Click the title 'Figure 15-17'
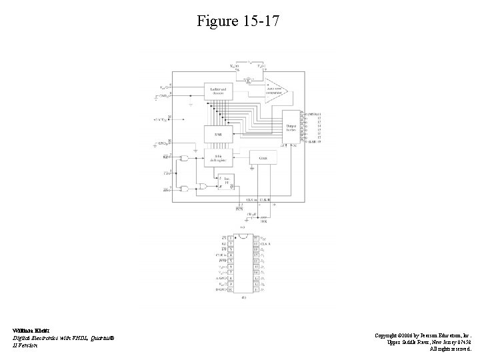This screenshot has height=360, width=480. click(x=239, y=21)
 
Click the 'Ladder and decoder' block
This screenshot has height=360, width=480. click(x=219, y=91)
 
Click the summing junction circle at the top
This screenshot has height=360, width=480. click(x=248, y=81)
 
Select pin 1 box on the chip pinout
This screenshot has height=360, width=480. click(x=231, y=237)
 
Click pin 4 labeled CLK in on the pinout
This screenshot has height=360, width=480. click(x=231, y=255)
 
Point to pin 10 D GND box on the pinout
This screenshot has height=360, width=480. click(x=231, y=290)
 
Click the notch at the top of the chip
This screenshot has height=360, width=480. click(x=243, y=235)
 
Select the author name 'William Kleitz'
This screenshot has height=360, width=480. click(x=27, y=330)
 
